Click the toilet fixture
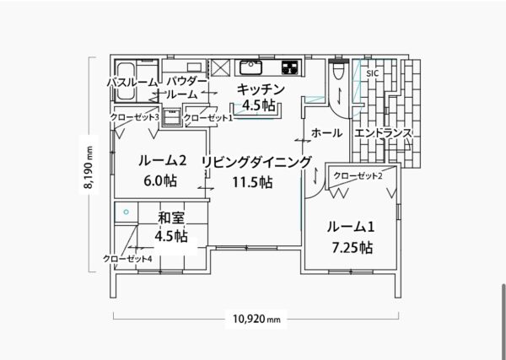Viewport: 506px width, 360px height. [338, 70]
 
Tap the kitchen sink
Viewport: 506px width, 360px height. [250, 67]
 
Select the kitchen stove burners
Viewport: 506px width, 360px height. [290, 67]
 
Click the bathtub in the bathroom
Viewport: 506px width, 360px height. [125, 81]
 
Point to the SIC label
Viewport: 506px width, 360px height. [372, 73]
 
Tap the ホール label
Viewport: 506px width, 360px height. [326, 132]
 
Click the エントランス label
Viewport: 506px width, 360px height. [383, 132]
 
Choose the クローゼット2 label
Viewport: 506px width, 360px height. [358, 176]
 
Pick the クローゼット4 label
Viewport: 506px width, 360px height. [127, 258]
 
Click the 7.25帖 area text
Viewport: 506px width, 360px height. [352, 248]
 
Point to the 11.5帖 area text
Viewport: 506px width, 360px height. [253, 182]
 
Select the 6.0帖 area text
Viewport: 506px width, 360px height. [160, 181]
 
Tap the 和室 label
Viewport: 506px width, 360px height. [171, 218]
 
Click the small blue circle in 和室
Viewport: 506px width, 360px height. [126, 212]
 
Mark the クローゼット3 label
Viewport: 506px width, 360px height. [135, 117]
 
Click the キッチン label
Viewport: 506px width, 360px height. [261, 89]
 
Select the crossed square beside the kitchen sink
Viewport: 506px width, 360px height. [221, 67]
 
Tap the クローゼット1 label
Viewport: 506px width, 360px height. [208, 118]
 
